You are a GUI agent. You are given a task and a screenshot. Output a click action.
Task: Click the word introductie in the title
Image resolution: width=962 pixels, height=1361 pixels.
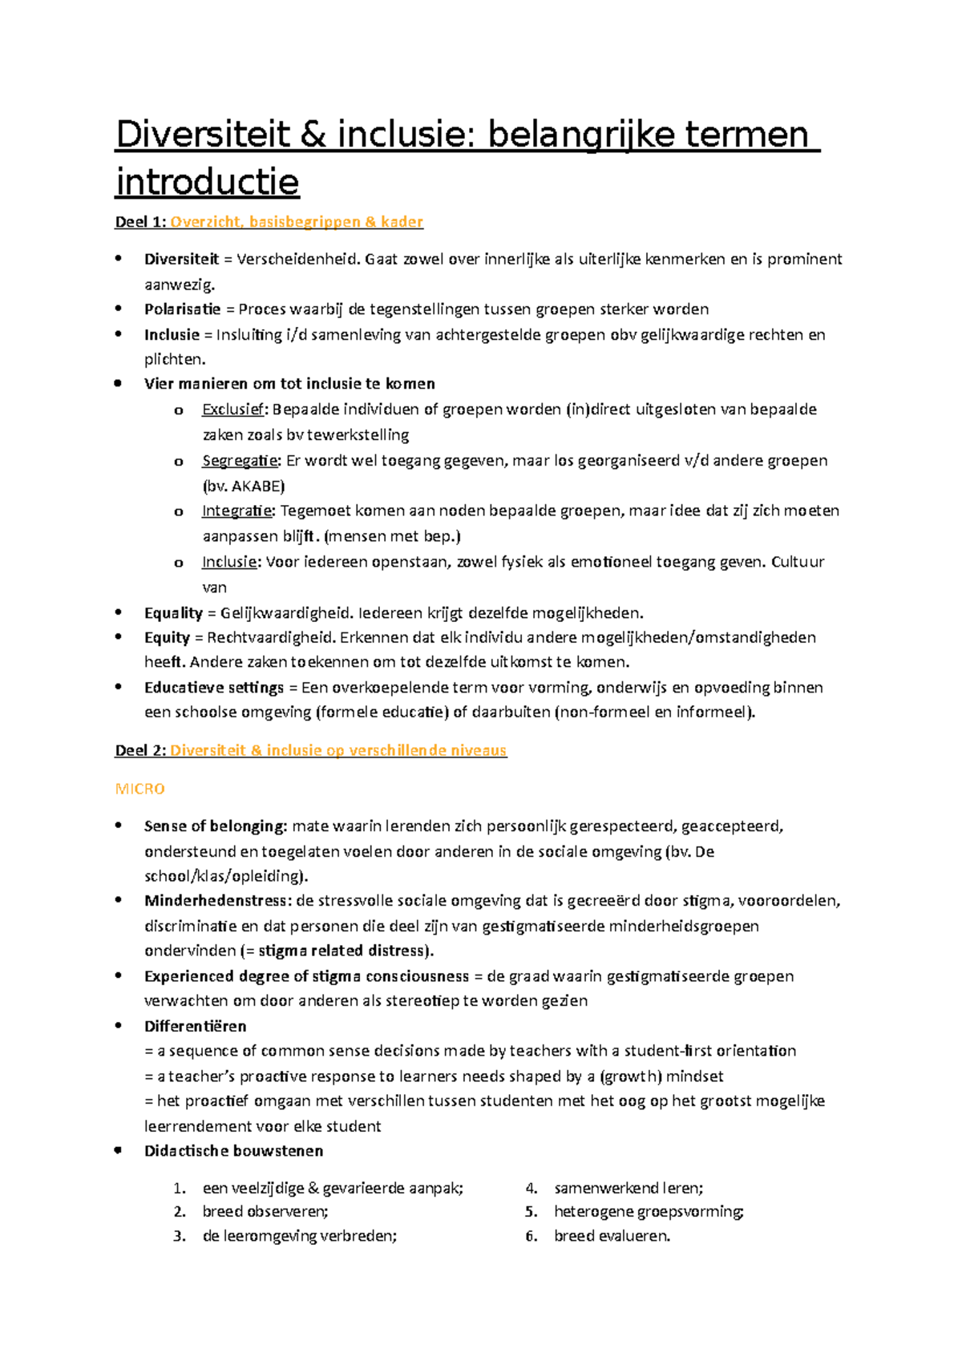click(207, 182)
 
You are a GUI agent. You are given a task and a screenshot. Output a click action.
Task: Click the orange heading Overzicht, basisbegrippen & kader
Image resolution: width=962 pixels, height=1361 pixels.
click(296, 222)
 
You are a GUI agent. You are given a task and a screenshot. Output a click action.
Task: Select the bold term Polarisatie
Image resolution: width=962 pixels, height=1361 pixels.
click(182, 309)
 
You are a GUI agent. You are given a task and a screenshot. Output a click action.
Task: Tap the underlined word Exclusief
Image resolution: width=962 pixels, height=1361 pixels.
click(232, 410)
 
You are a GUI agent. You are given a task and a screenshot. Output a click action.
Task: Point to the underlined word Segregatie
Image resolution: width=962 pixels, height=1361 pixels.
click(240, 461)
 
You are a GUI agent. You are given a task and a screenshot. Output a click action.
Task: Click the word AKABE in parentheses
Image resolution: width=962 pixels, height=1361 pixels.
click(256, 486)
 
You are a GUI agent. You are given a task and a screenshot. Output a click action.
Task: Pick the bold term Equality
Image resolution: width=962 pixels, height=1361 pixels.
click(173, 613)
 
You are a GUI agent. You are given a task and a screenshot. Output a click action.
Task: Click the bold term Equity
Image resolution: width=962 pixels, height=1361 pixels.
click(167, 638)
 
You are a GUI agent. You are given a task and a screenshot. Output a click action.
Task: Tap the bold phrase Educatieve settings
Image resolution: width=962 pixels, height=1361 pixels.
click(214, 688)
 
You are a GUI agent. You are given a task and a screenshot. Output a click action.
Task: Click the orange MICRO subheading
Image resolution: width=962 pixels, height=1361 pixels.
click(139, 789)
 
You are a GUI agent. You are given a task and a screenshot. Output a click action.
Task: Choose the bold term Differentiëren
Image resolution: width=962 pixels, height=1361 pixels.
click(195, 1026)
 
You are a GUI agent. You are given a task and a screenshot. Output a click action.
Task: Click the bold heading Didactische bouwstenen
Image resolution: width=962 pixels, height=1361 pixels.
click(233, 1151)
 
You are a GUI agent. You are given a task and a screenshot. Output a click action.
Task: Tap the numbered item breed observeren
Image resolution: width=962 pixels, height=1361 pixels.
click(265, 1212)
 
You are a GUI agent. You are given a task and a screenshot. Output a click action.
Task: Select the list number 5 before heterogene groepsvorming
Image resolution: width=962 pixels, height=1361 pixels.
click(531, 1212)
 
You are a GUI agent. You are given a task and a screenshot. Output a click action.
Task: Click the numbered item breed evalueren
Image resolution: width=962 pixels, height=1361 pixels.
click(612, 1236)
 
